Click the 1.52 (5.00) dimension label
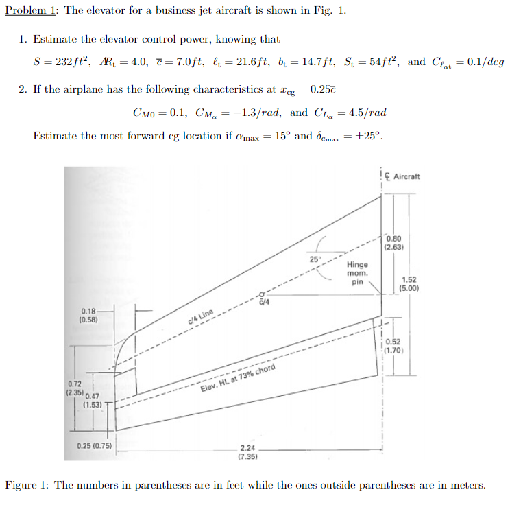409,283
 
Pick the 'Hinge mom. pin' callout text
357,272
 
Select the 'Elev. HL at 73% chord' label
237,378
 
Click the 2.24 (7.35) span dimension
247,451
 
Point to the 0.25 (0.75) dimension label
95,446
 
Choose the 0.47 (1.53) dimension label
92,400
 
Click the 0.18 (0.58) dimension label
89,316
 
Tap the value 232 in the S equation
62,62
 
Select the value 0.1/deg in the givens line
487,62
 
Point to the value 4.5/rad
367,113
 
